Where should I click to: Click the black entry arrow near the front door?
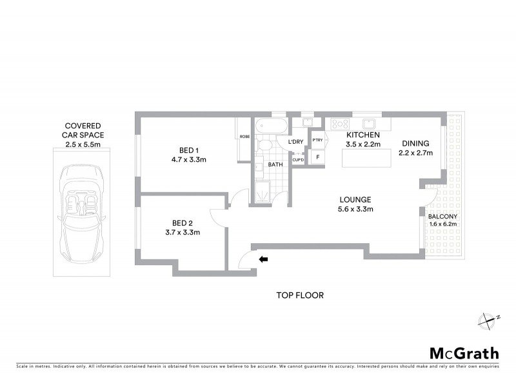264,259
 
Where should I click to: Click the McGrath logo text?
464,353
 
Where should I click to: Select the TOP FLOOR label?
300,295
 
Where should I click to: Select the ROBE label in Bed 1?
244,136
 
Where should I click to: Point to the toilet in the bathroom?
263,148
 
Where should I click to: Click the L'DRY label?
296,142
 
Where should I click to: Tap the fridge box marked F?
317,156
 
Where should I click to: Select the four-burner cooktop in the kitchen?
341,124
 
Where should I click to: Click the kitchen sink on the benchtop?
370,123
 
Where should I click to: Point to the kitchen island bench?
366,157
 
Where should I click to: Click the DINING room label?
415,144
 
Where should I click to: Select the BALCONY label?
442,216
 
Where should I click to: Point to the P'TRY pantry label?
317,140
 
